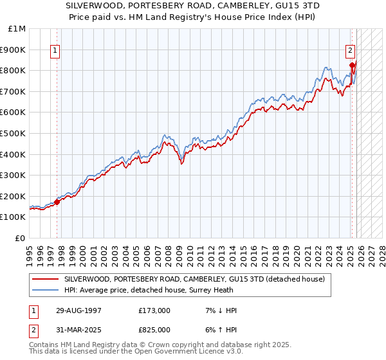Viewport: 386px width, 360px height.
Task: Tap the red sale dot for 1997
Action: pyautogui.click(x=57, y=202)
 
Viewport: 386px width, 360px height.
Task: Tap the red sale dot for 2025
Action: pyautogui.click(x=352, y=65)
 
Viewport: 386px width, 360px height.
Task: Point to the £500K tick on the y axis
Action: pyautogui.click(x=13, y=133)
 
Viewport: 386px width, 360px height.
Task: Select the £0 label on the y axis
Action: pyautogui.click(x=21, y=238)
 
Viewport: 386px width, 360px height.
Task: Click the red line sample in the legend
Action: pyautogui.click(x=46, y=280)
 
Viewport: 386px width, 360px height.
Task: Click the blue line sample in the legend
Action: pyautogui.click(x=46, y=290)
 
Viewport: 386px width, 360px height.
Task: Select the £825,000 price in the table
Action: pyautogui.click(x=154, y=330)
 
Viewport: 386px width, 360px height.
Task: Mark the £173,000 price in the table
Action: pyautogui.click(x=154, y=310)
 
